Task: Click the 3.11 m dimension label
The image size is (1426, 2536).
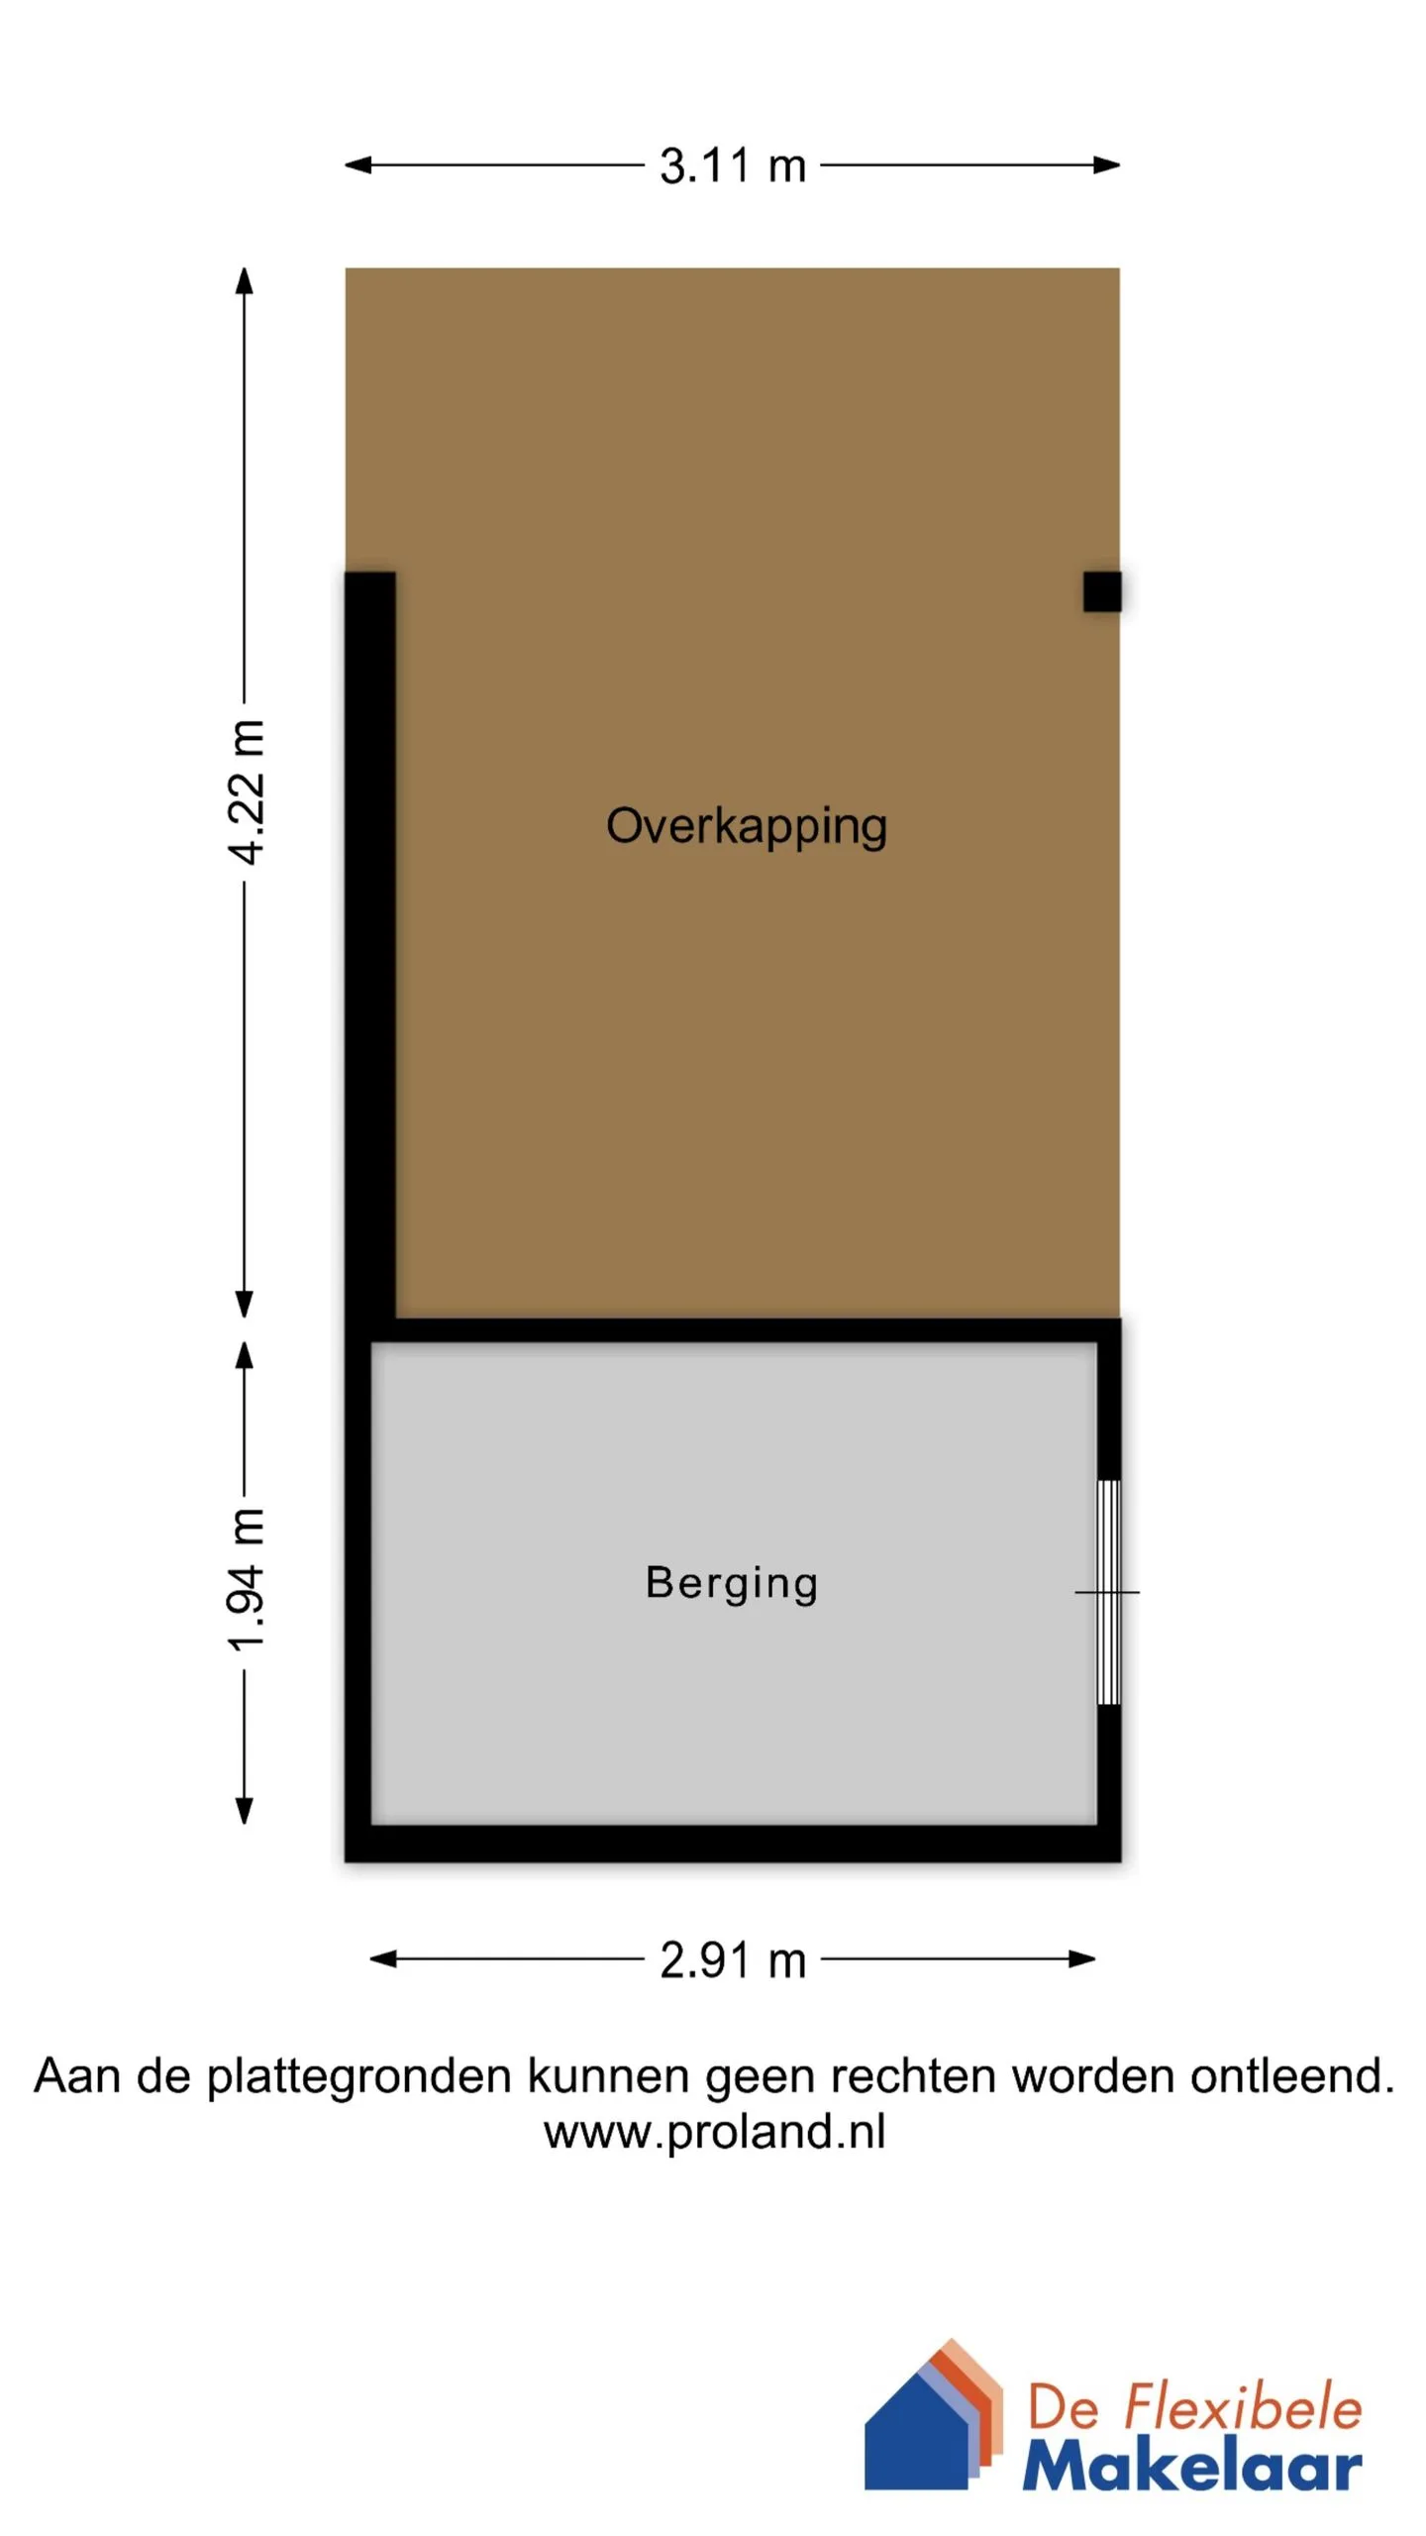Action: pos(733,165)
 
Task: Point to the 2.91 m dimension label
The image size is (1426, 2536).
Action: pos(733,1960)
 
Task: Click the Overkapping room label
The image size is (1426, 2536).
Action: pos(747,827)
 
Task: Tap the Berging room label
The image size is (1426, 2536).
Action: pos(732,1583)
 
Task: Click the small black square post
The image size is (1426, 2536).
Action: pos(1102,591)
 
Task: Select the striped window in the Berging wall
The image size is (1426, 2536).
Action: pos(1110,1592)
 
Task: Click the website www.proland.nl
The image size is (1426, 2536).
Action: pos(714,2132)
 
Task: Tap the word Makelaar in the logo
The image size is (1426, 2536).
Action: pos(1192,2466)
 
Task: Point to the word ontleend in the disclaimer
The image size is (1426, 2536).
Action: pos(1292,2074)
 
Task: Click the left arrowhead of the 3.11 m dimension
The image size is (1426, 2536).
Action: pos(357,165)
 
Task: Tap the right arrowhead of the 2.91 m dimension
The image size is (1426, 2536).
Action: pos(1082,1958)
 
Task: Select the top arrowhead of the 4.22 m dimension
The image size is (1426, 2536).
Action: pos(245,281)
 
